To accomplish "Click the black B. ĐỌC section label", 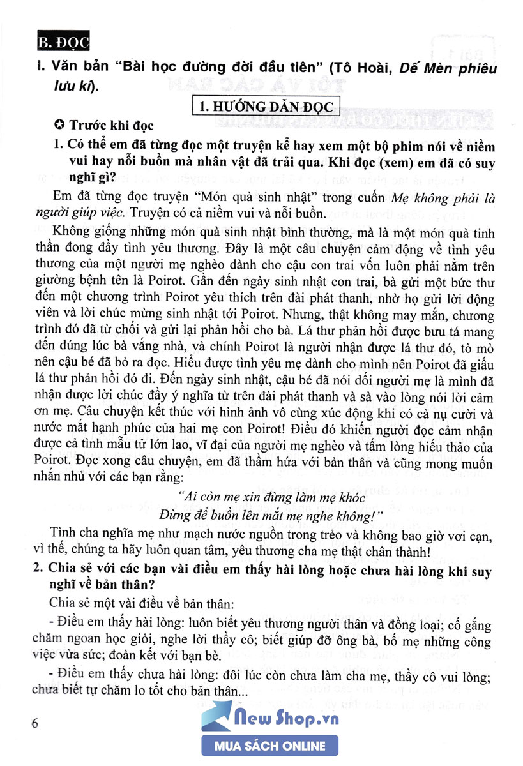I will pos(62,44).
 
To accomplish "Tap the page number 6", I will pos(34,723).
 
